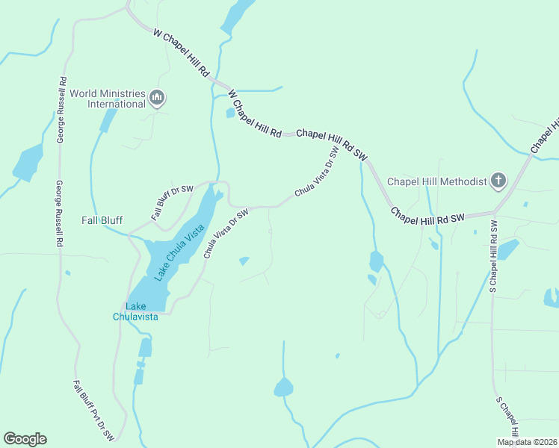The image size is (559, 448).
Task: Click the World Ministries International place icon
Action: (157, 99)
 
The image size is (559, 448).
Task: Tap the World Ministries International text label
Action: (108, 99)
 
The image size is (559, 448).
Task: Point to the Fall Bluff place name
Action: (102, 220)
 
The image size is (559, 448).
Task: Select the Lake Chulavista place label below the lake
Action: (135, 311)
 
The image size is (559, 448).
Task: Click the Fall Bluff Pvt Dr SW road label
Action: (93, 410)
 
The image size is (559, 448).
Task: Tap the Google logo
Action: (25, 439)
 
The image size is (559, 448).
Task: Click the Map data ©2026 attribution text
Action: (527, 442)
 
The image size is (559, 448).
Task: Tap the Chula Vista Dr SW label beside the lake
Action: (225, 234)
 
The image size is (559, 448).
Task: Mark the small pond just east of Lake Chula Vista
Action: (244, 261)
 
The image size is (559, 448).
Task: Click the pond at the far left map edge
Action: (28, 163)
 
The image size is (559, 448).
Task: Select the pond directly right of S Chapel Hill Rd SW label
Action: (508, 249)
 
